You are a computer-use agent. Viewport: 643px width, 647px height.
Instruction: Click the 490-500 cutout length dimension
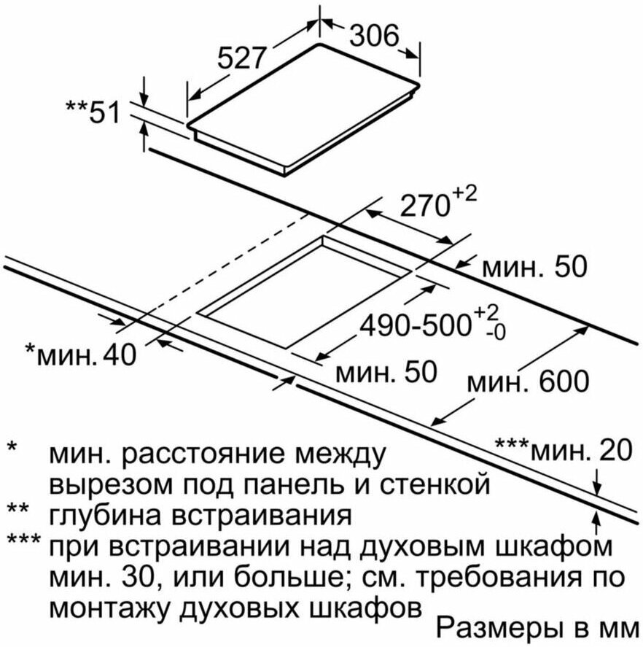click(x=413, y=325)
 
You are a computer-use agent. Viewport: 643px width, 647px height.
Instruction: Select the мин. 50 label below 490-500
click(x=386, y=372)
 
